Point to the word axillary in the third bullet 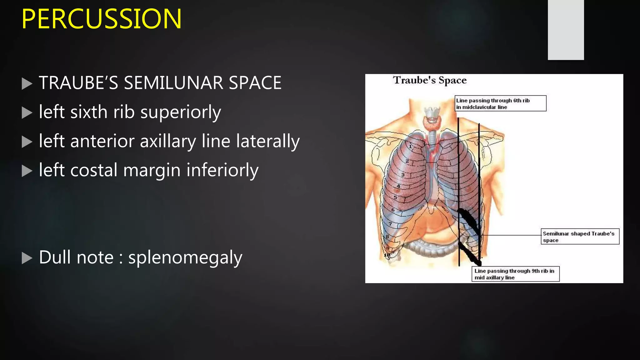167,141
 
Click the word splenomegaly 185,258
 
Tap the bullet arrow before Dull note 27,258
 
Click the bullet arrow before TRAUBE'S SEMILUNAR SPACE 27,84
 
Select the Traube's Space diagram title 430,80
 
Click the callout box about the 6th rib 500,103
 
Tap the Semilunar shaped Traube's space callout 580,237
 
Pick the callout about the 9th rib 515,274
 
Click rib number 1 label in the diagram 411,146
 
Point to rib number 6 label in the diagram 393,210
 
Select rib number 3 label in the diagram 403,175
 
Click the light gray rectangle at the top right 566,30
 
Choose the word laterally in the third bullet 268,141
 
